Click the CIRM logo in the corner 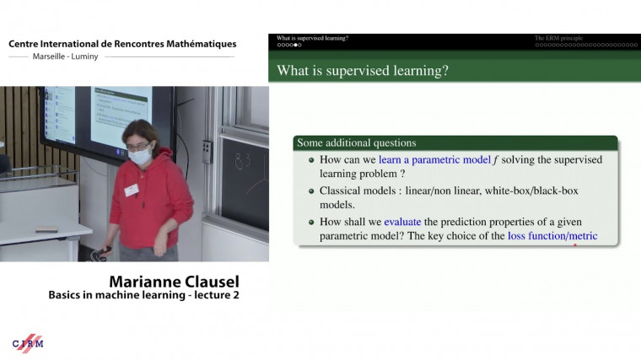(x=28, y=342)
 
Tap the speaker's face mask (x=140, y=157)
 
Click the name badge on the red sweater (x=131, y=191)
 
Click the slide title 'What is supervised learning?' (x=363, y=71)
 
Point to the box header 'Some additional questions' (x=356, y=142)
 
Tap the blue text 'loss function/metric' (x=552, y=236)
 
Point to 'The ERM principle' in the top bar (x=558, y=38)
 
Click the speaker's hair (x=140, y=133)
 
